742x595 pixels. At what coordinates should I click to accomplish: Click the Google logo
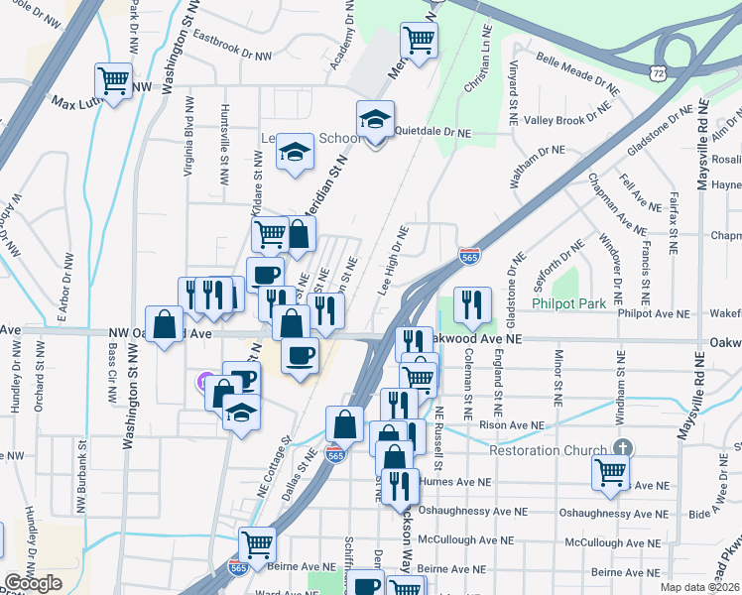pyautogui.click(x=33, y=583)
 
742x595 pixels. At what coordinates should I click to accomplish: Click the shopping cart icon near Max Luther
pyautogui.click(x=113, y=80)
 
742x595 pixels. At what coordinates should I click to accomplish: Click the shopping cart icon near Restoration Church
pyautogui.click(x=610, y=471)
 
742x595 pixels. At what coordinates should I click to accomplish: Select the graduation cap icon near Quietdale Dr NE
pyautogui.click(x=375, y=121)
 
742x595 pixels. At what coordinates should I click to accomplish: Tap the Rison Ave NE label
pyautogui.click(x=512, y=425)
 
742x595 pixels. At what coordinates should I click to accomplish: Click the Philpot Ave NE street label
pyautogui.click(x=653, y=313)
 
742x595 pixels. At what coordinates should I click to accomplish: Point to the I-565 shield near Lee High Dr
pyautogui.click(x=470, y=256)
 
